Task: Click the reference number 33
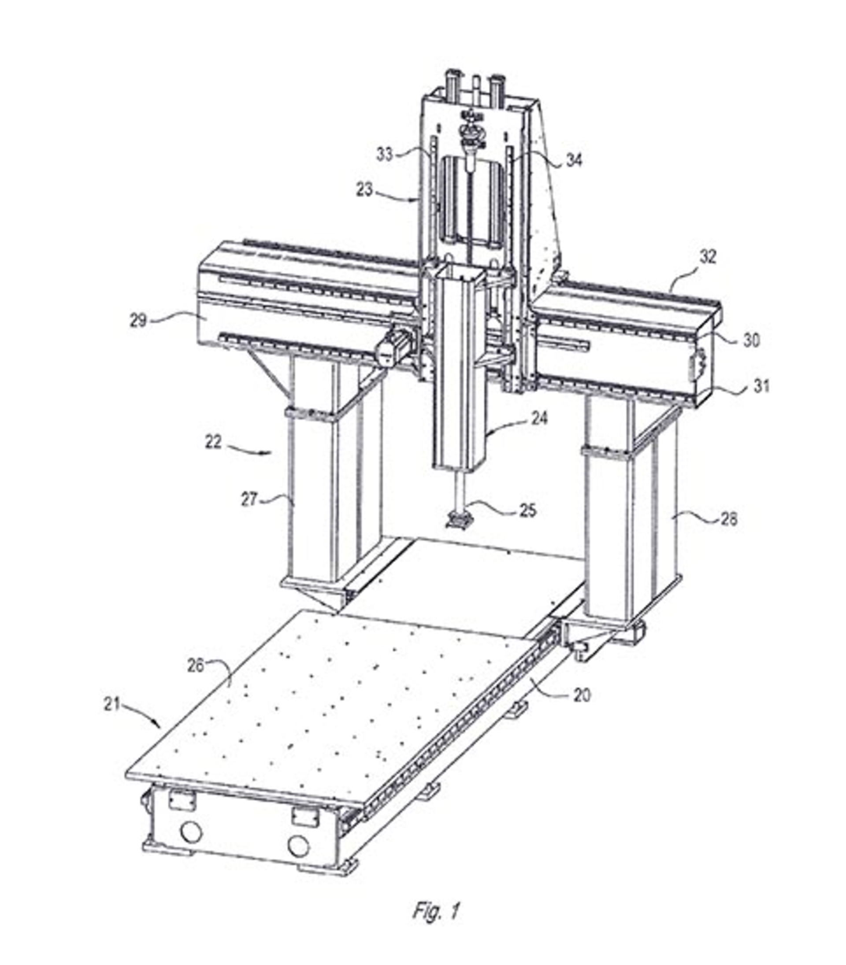[x=385, y=154]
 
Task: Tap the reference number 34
[x=574, y=160]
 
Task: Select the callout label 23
[x=364, y=190]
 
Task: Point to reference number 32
[x=708, y=257]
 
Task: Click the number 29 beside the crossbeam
[x=138, y=321]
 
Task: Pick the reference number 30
[x=751, y=340]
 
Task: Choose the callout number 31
[x=761, y=386]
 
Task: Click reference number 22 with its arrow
[x=213, y=442]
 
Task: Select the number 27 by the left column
[x=249, y=500]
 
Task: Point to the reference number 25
[x=528, y=510]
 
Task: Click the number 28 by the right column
[x=729, y=520]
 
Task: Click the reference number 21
[x=112, y=705]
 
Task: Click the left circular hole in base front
[x=191, y=832]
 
